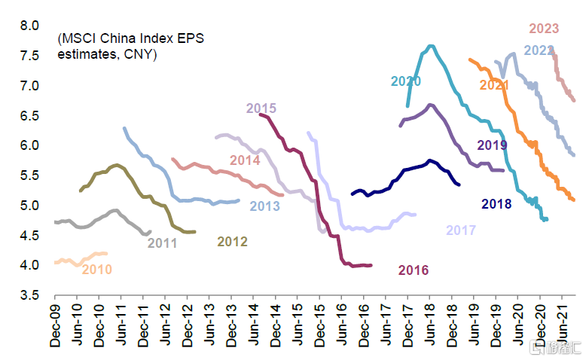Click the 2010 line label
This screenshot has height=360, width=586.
point(96,269)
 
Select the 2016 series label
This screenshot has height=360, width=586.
point(414,270)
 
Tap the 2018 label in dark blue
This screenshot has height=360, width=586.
point(496,203)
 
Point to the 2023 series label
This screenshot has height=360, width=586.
point(544,29)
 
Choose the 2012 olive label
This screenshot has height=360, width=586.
point(232,242)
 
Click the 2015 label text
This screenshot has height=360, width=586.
point(261,108)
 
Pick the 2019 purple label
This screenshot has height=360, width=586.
point(492,145)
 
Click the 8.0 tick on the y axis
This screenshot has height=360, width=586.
point(29,26)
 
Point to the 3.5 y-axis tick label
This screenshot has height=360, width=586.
point(29,295)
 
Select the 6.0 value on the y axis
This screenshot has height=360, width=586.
point(29,145)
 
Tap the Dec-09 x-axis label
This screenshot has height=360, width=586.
point(56,326)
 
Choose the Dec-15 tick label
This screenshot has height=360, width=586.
point(319,326)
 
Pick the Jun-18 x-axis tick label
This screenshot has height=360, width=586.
point(430,326)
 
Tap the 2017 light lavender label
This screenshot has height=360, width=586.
point(461,230)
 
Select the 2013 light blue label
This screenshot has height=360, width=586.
point(265,206)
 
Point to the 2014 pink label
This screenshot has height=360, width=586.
point(245,160)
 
